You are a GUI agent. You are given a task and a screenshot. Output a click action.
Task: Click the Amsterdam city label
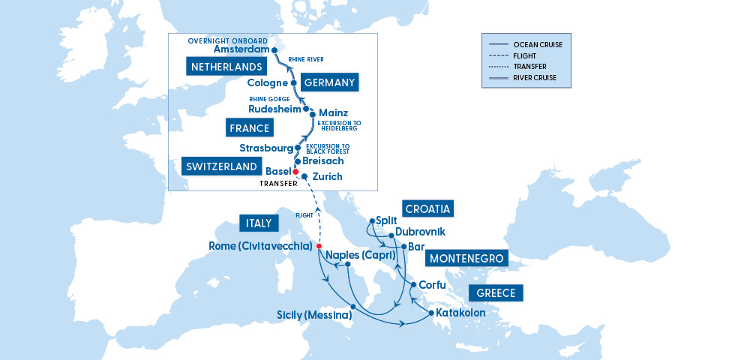click(241, 49)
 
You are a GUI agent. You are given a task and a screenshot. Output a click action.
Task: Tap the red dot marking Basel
click(295, 171)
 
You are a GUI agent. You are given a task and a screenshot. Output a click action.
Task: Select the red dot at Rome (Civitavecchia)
click(319, 246)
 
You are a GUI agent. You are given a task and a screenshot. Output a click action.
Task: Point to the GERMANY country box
click(328, 82)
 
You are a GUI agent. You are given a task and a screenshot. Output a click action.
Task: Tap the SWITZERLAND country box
click(221, 166)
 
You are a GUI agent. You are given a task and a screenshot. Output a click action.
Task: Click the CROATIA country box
click(430, 208)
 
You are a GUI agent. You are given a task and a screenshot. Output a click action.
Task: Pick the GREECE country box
click(495, 293)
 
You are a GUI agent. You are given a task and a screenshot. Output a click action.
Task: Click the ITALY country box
click(259, 223)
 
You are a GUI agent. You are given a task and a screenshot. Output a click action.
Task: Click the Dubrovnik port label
click(420, 232)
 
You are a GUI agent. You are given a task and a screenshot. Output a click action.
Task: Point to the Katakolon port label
click(461, 313)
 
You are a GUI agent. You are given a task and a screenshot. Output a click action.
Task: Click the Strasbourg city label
click(266, 148)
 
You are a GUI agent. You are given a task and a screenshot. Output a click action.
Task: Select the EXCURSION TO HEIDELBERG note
click(339, 126)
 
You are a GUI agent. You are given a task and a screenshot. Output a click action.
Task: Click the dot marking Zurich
click(304, 177)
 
